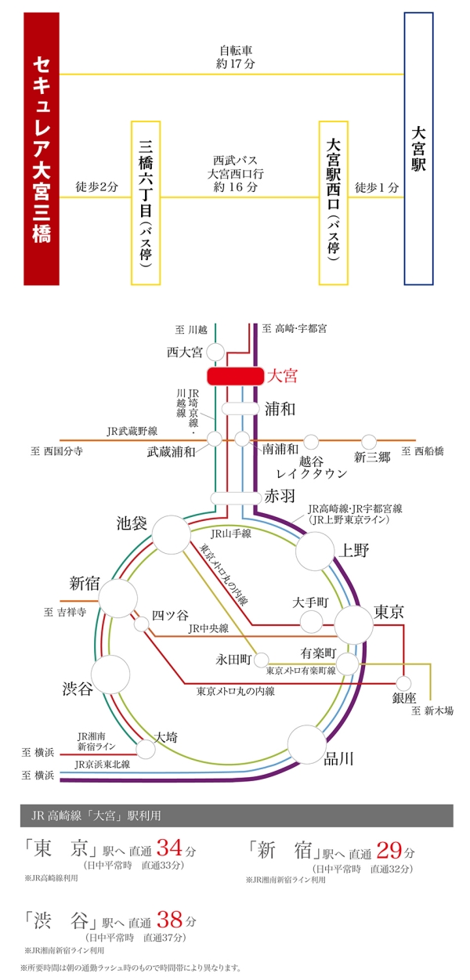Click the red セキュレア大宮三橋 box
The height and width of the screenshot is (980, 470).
(x=42, y=149)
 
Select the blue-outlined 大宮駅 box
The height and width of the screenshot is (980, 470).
(x=418, y=149)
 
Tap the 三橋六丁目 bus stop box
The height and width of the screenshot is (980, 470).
(x=146, y=202)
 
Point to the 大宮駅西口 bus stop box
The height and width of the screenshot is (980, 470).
(x=334, y=202)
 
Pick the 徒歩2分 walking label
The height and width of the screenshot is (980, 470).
(x=96, y=188)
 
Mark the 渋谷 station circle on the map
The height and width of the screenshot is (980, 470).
(x=110, y=674)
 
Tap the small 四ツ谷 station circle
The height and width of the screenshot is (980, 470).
(x=142, y=624)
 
